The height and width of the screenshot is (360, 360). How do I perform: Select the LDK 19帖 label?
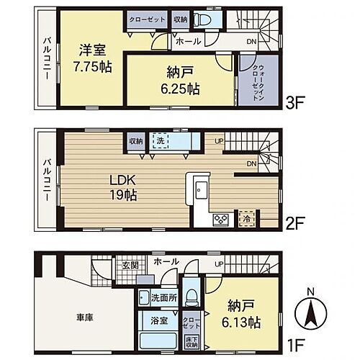click(x=125, y=186)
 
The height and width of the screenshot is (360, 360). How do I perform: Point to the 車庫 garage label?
click(x=84, y=316)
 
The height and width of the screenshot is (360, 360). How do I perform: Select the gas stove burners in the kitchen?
click(x=220, y=217)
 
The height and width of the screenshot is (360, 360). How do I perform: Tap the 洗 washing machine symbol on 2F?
click(x=160, y=142)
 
